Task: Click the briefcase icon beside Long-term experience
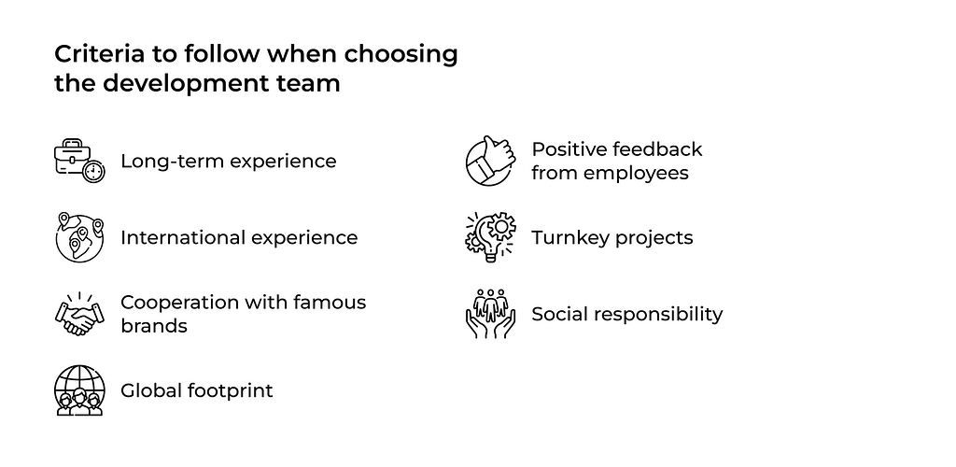click(x=79, y=161)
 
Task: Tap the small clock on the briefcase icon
click(x=94, y=171)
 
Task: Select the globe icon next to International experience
click(x=79, y=237)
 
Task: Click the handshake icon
click(x=79, y=314)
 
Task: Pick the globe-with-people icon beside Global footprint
click(x=79, y=390)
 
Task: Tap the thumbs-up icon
click(x=491, y=161)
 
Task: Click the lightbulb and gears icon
click(x=491, y=237)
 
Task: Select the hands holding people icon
click(x=491, y=314)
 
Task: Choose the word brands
click(x=154, y=326)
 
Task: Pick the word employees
click(x=636, y=174)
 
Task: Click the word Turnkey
click(x=570, y=238)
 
